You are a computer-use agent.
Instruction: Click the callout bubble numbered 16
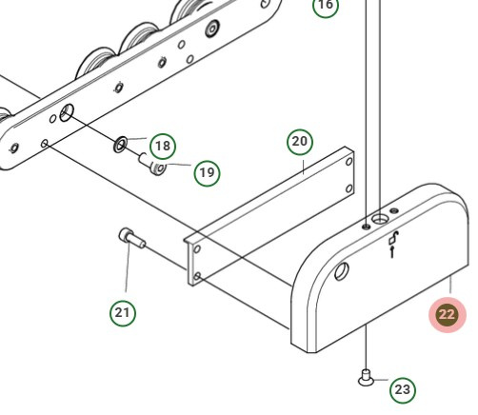[x=326, y=6]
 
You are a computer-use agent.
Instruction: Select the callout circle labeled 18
[x=163, y=146]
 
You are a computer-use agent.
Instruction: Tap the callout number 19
[x=207, y=172]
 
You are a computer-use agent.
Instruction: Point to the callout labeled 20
[x=300, y=143]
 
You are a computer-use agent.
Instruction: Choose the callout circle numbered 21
[x=122, y=311]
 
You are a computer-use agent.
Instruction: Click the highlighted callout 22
[x=447, y=314]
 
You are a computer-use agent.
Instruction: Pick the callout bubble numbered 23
[x=403, y=389]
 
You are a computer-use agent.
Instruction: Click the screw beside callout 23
[x=366, y=378]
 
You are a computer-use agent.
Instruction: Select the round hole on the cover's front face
[x=342, y=270]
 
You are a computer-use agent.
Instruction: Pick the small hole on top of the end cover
[x=368, y=227]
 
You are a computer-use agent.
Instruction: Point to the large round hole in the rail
[x=65, y=113]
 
